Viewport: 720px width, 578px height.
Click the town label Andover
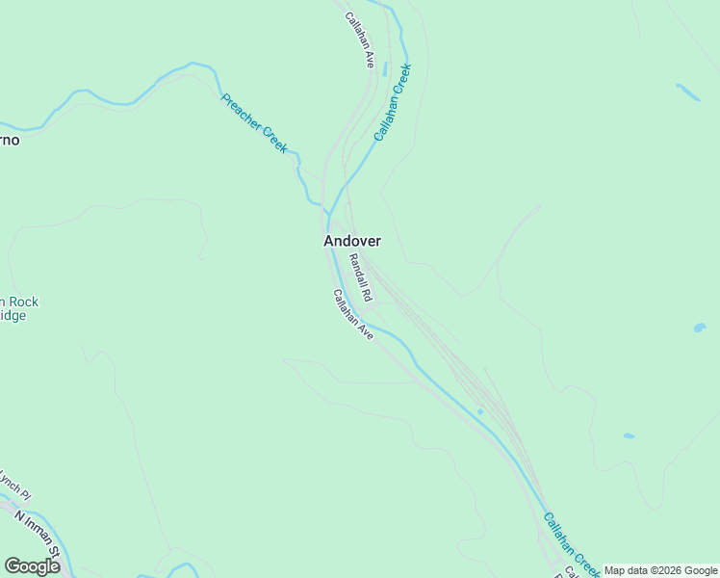pyautogui.click(x=352, y=241)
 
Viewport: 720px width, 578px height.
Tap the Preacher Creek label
pyautogui.click(x=254, y=123)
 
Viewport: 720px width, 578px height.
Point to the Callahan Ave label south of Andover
pyautogui.click(x=352, y=314)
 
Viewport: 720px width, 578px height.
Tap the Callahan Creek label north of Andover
pyautogui.click(x=393, y=103)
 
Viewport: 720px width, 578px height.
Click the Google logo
pyautogui.click(x=32, y=566)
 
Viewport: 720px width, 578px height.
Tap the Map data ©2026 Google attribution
pyautogui.click(x=660, y=570)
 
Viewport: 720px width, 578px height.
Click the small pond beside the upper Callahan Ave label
pyautogui.click(x=385, y=70)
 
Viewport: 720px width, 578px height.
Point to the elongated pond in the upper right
pyautogui.click(x=687, y=92)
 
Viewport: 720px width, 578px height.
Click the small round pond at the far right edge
pyautogui.click(x=699, y=328)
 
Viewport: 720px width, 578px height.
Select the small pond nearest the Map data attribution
pyautogui.click(x=629, y=435)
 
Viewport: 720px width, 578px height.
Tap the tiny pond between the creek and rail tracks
pyautogui.click(x=479, y=411)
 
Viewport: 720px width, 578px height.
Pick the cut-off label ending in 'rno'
pyautogui.click(x=9, y=141)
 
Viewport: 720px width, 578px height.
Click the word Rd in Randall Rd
pyautogui.click(x=366, y=293)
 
